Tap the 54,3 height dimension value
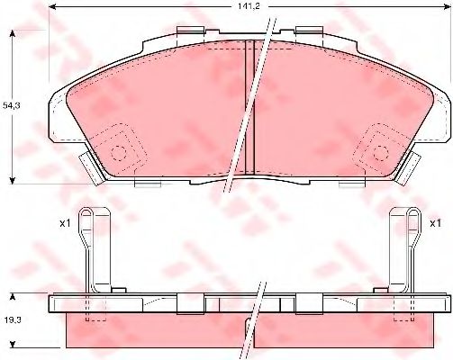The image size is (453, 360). click(12, 105)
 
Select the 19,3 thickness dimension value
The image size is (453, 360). click(13, 319)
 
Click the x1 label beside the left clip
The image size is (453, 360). click(65, 223)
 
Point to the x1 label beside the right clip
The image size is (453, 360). click(435, 223)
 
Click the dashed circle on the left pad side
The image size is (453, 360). click(119, 153)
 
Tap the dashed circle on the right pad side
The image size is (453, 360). click(381, 153)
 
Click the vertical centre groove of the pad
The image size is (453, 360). click(249, 107)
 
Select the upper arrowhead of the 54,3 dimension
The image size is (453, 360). click(13, 34)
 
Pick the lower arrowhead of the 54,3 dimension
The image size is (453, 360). click(13, 180)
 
